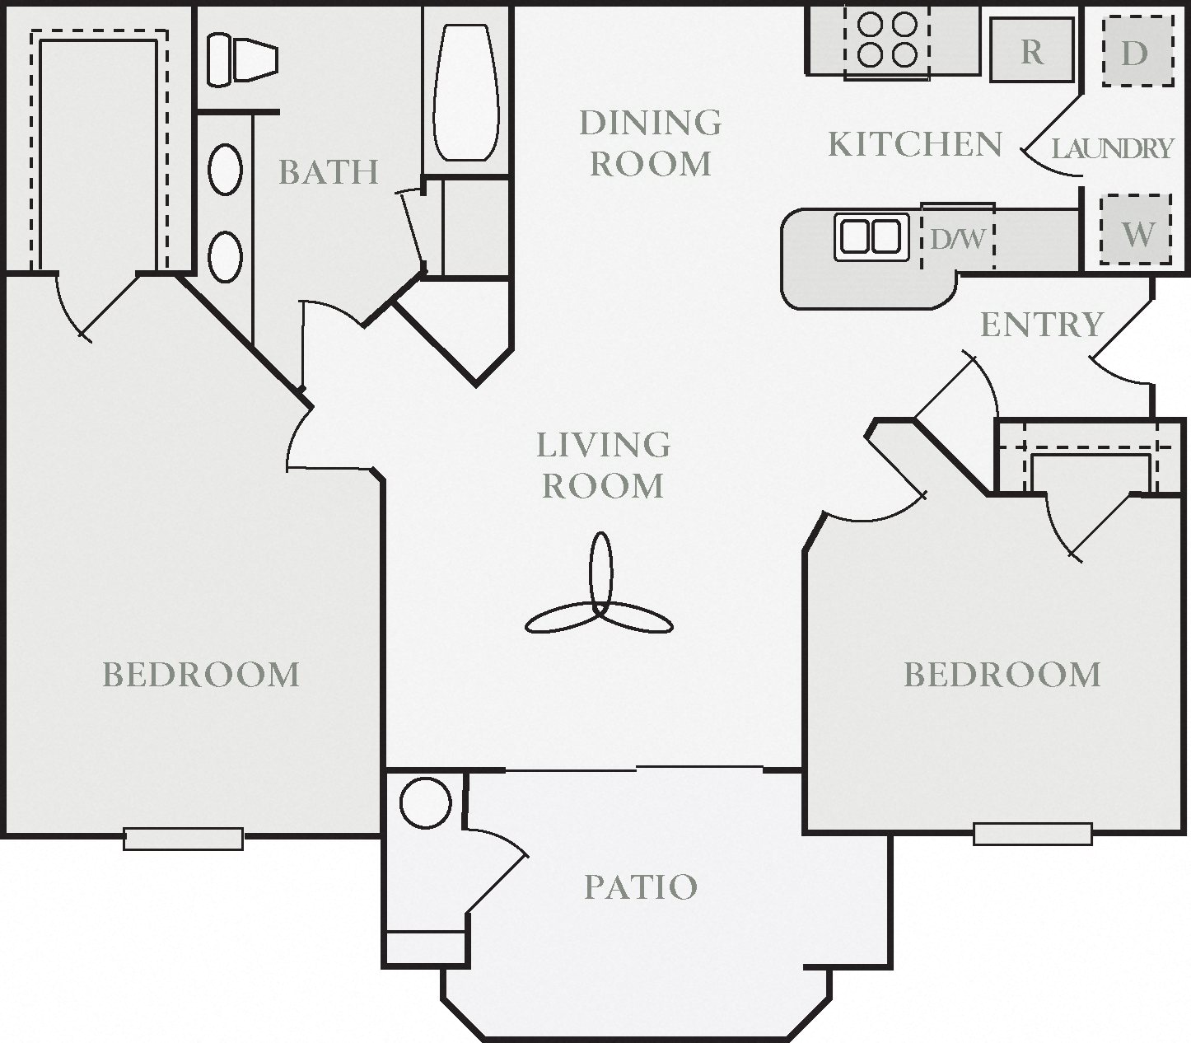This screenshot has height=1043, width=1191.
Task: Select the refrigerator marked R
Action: click(x=1032, y=51)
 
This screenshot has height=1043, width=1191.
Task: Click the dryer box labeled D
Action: click(x=1136, y=52)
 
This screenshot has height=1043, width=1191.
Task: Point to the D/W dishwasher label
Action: click(x=957, y=239)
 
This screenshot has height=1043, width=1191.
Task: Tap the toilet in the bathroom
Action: click(x=241, y=59)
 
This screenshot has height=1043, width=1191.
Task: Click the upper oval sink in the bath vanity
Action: click(x=225, y=170)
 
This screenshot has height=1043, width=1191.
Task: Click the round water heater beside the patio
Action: click(x=425, y=802)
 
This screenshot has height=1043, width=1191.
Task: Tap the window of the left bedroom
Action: click(x=183, y=838)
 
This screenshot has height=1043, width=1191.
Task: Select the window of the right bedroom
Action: click(x=1032, y=834)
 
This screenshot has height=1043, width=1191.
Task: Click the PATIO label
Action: click(x=641, y=887)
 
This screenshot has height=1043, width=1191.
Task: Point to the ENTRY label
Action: click(x=1041, y=325)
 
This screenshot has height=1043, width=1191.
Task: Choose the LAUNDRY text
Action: click(x=1112, y=148)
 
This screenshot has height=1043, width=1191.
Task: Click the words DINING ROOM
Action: click(x=651, y=143)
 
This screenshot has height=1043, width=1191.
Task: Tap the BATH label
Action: click(x=328, y=171)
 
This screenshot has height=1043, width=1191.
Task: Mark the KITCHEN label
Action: click(x=914, y=144)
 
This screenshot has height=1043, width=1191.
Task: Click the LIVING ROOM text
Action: click(x=603, y=465)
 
